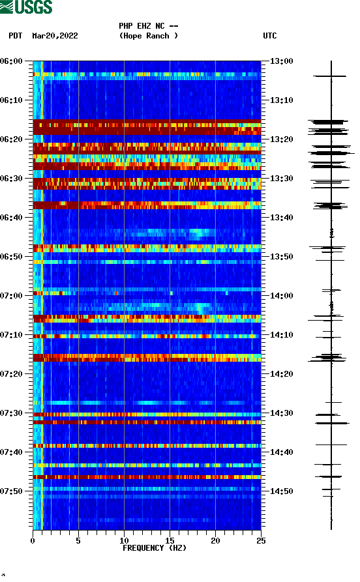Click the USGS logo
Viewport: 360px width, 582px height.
pyautogui.click(x=27, y=8)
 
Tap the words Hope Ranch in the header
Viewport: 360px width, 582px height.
pyautogui.click(x=149, y=36)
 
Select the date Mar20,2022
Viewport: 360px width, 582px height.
pyautogui.click(x=55, y=36)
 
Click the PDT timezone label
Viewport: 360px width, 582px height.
pyautogui.click(x=16, y=36)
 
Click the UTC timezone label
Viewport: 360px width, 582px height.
pyautogui.click(x=270, y=36)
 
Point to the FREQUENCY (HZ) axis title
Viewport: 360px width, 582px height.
pyautogui.click(x=154, y=548)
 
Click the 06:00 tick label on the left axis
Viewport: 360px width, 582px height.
pyautogui.click(x=12, y=61)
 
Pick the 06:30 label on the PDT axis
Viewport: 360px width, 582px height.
pyautogui.click(x=12, y=179)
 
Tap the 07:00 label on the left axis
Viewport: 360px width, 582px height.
pyautogui.click(x=12, y=296)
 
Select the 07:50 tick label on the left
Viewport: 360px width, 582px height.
pyautogui.click(x=12, y=491)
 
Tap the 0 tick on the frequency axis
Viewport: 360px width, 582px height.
pyautogui.click(x=33, y=540)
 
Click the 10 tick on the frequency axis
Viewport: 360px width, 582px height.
pyautogui.click(x=124, y=540)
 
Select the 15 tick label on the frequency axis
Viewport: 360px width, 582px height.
pyautogui.click(x=170, y=540)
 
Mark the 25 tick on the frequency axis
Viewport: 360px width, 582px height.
pyautogui.click(x=261, y=540)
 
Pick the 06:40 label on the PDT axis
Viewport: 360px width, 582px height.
pyautogui.click(x=12, y=218)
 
